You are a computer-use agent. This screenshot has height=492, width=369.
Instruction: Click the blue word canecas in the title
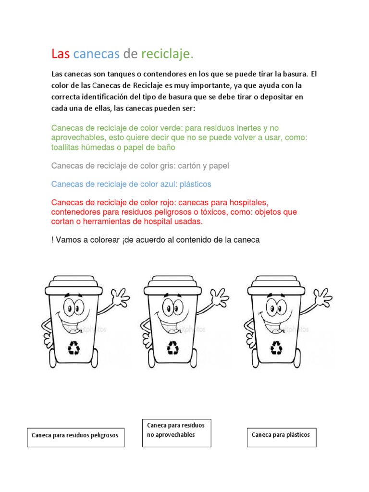click(96, 54)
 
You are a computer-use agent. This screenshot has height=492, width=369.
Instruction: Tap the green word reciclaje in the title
click(167, 54)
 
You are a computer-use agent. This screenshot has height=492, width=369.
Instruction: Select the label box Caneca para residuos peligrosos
click(75, 437)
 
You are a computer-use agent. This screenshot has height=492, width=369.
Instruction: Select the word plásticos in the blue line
click(194, 184)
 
